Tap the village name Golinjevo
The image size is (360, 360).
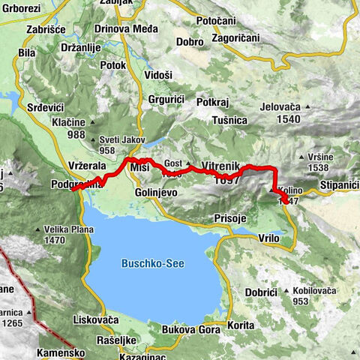click(155, 193)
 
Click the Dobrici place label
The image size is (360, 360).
click(262, 290)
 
